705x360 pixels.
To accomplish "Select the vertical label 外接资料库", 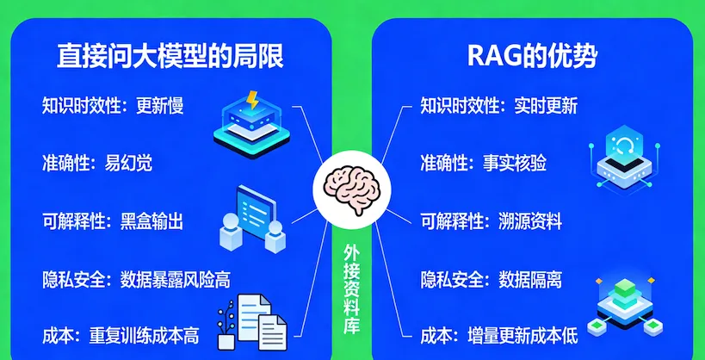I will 352,289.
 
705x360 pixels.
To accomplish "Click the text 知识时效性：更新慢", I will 113,107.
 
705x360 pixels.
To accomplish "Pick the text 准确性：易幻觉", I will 97,162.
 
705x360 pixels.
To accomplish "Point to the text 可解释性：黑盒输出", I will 113,221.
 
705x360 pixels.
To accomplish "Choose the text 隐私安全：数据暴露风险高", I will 136,280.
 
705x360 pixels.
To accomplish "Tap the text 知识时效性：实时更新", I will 498,107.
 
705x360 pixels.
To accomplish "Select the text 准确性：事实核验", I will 483,162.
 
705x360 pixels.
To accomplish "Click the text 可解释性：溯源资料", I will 491,221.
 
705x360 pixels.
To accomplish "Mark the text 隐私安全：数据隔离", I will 491,280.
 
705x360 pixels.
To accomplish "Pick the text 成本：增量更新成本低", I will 498,334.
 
